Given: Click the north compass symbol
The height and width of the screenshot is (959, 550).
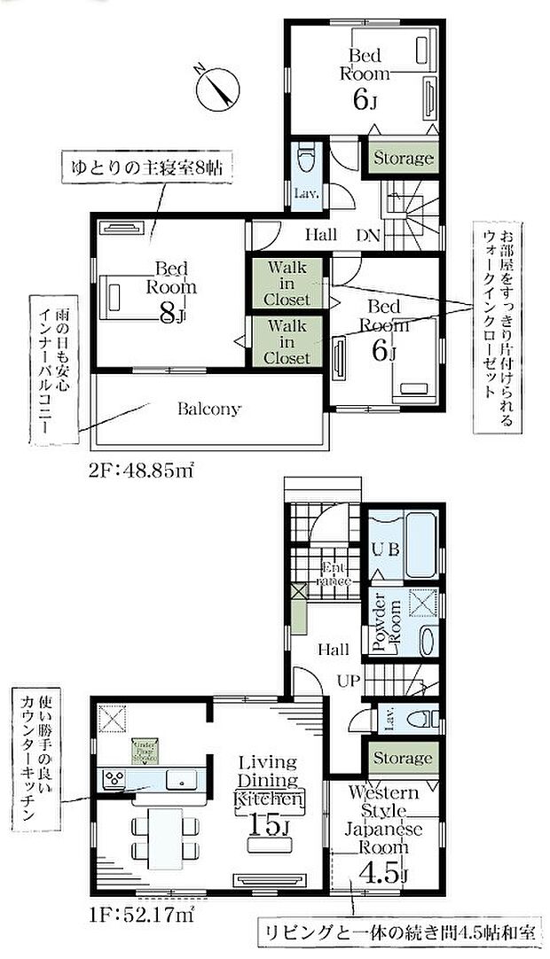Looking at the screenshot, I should coord(216,86).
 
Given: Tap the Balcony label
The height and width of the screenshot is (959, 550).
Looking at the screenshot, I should coord(208,409).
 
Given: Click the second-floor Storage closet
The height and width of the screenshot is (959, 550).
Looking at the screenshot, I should coord(403,159).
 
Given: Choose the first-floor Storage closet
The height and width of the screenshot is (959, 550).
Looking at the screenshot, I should coord(403,759).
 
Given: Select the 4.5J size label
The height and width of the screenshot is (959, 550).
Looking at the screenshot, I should coord(383,873).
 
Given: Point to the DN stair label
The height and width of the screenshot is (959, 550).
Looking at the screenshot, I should coord(368,236).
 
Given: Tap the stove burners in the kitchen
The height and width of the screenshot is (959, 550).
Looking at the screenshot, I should coord(116,780).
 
